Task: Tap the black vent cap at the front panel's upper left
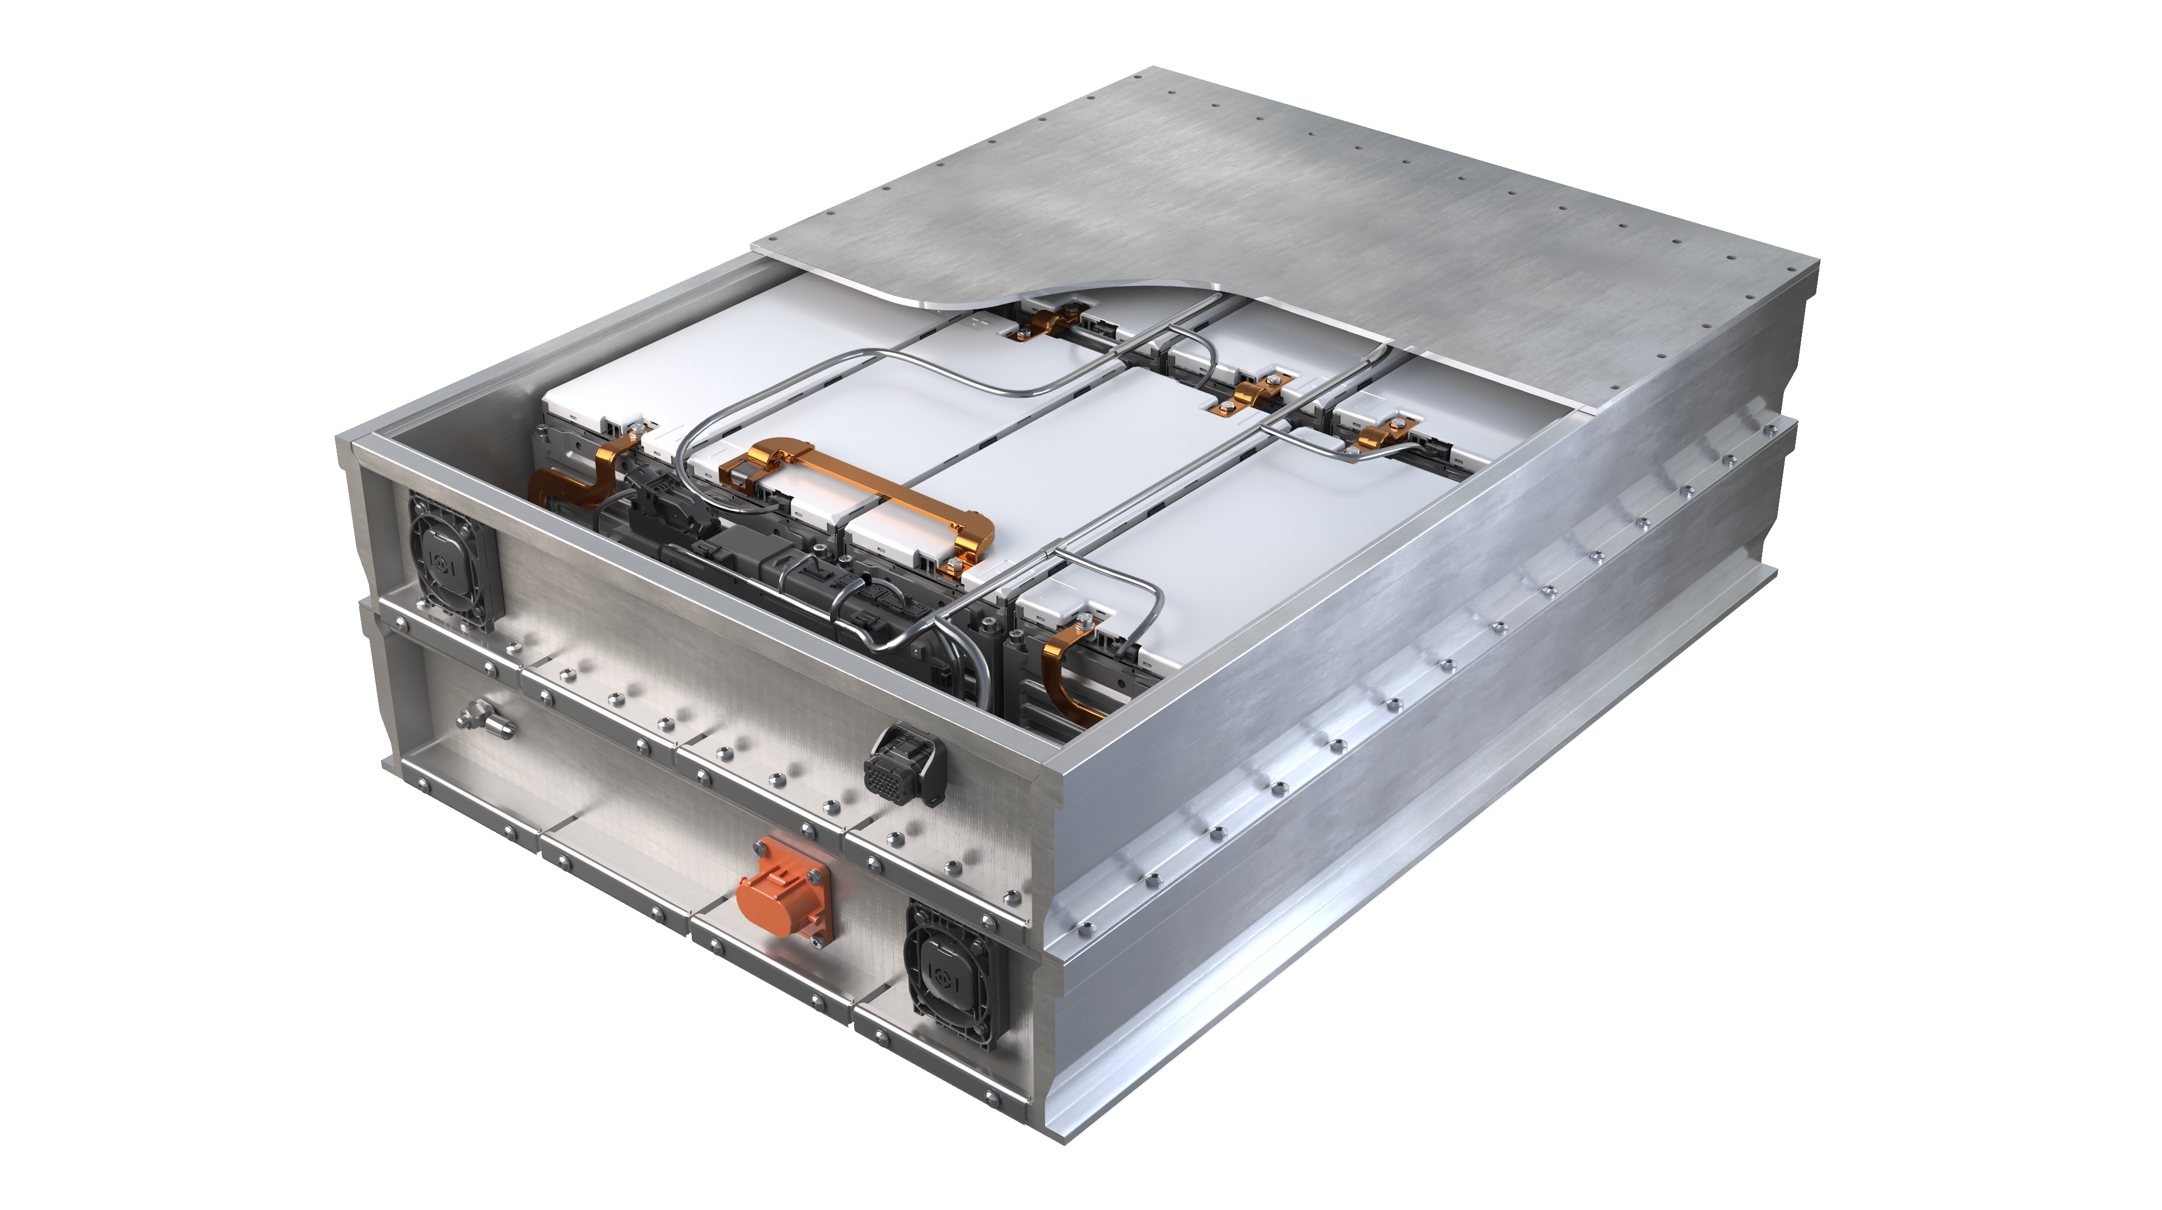[451, 559]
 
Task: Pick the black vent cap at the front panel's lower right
[953, 974]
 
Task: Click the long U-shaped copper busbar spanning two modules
[864, 491]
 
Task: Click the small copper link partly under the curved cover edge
[1049, 323]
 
